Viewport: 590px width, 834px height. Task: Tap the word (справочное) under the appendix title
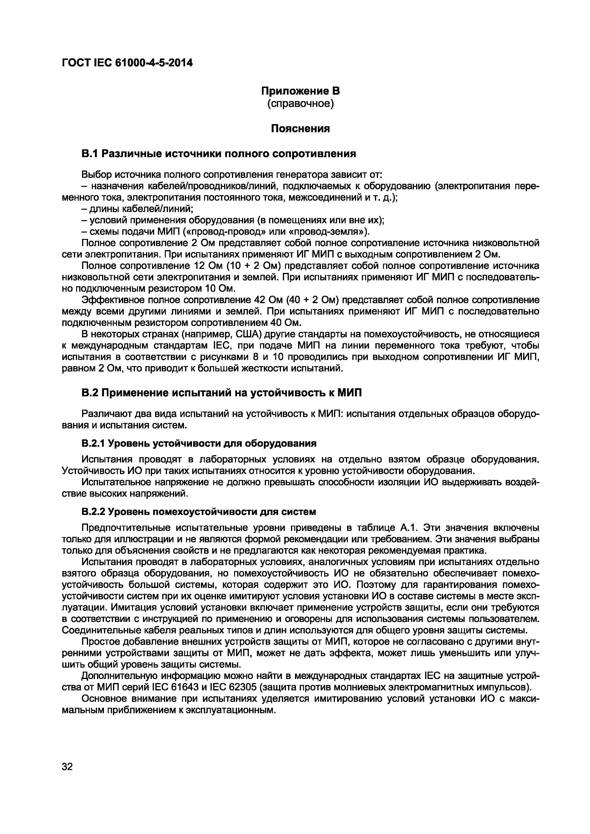pos(300,104)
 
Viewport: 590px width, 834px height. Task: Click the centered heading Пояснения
pos(300,129)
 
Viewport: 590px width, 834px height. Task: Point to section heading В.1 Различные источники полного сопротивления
pos(218,154)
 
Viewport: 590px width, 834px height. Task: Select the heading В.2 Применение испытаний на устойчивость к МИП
pos(222,393)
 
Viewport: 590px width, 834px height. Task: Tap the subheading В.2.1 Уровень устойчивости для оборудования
pos(199,444)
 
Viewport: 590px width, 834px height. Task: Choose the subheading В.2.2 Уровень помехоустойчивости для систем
pos(199,512)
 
